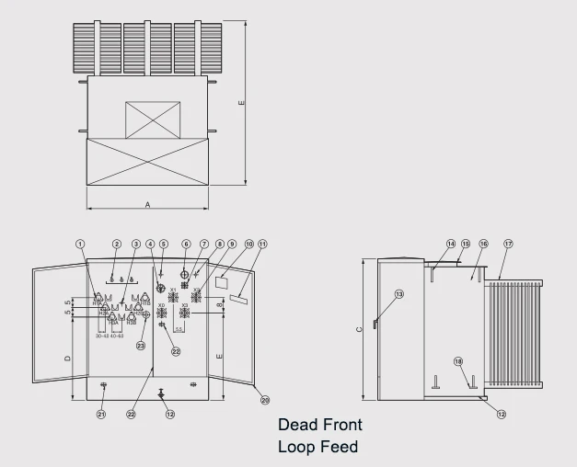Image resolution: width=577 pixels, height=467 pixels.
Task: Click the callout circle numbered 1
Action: pyautogui.click(x=80, y=244)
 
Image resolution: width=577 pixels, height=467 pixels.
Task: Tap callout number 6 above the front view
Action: pyautogui.click(x=186, y=244)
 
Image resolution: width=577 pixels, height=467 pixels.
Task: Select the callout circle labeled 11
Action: pyautogui.click(x=262, y=244)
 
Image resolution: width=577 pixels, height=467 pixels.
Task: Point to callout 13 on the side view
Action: pyautogui.click(x=398, y=293)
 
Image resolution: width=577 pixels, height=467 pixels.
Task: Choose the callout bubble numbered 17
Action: pyautogui.click(x=508, y=244)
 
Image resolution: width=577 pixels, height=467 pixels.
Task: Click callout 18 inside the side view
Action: pyautogui.click(x=458, y=361)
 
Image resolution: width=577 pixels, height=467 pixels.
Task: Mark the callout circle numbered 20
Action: pyautogui.click(x=265, y=400)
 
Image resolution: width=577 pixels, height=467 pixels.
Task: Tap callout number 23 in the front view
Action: pyautogui.click(x=141, y=346)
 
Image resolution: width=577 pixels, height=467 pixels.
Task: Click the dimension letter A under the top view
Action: pyautogui.click(x=147, y=205)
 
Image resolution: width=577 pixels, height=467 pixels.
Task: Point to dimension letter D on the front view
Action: pyautogui.click(x=68, y=358)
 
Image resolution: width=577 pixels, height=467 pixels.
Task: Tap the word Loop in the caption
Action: pyautogui.click(x=296, y=447)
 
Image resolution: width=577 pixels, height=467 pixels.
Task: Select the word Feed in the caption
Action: pyautogui.click(x=338, y=447)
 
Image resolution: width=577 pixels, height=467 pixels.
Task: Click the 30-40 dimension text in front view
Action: pyautogui.click(x=103, y=336)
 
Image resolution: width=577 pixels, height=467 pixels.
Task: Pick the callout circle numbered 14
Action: pyautogui.click(x=451, y=244)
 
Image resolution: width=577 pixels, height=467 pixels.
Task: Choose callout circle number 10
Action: pyautogui.click(x=248, y=244)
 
